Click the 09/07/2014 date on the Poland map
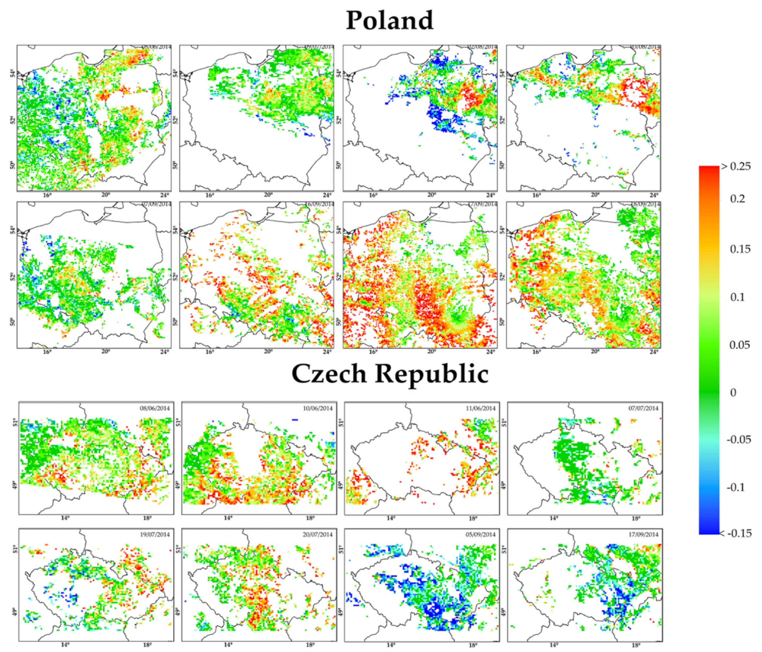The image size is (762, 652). [x=319, y=47]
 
